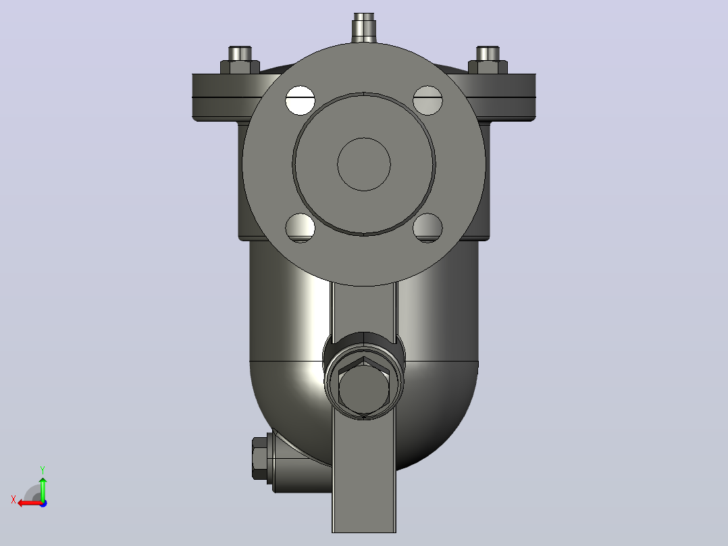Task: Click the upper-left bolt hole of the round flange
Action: point(300,101)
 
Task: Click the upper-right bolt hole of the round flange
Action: point(427,101)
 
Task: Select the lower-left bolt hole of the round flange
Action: point(300,228)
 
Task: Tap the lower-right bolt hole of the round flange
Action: point(427,228)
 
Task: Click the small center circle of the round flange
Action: point(364,164)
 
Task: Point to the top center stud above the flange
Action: point(364,28)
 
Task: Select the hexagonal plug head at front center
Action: point(364,389)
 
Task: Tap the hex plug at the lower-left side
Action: point(261,459)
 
